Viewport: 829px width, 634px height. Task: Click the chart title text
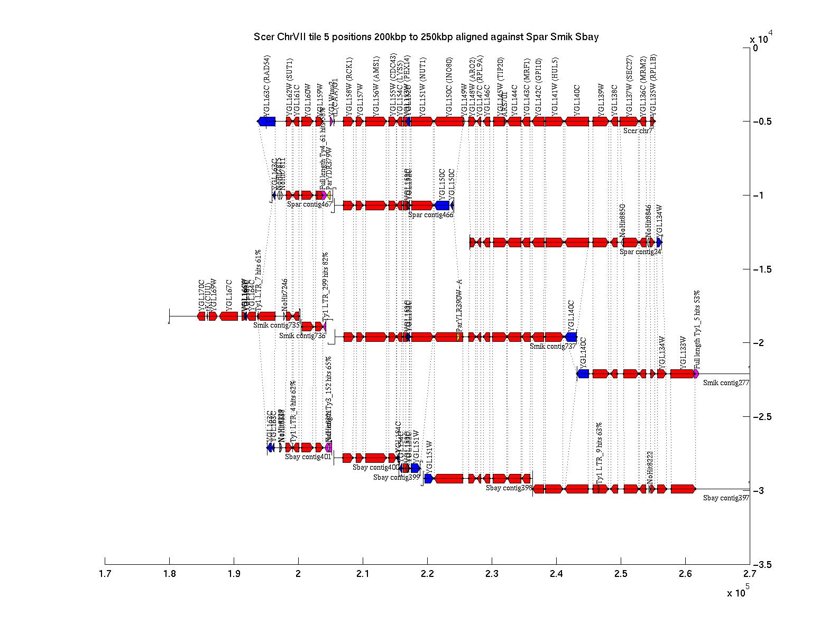[x=426, y=37]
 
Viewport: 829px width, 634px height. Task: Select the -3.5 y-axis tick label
[x=762, y=565]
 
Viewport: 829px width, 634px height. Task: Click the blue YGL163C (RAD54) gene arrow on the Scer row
[x=267, y=122]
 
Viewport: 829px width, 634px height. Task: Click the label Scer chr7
[x=638, y=130]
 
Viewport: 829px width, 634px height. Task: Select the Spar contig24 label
[x=640, y=251]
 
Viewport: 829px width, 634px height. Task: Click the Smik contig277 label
[x=726, y=383]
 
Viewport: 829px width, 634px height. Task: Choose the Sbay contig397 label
[x=726, y=498]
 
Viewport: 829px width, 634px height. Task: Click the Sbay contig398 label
[x=509, y=488]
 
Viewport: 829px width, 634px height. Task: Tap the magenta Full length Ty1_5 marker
[x=696, y=374]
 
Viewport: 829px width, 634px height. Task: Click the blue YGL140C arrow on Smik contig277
[x=583, y=374]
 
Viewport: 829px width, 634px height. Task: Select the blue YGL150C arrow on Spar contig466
[x=442, y=205]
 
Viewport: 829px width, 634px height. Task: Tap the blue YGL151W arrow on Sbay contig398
[x=428, y=479]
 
